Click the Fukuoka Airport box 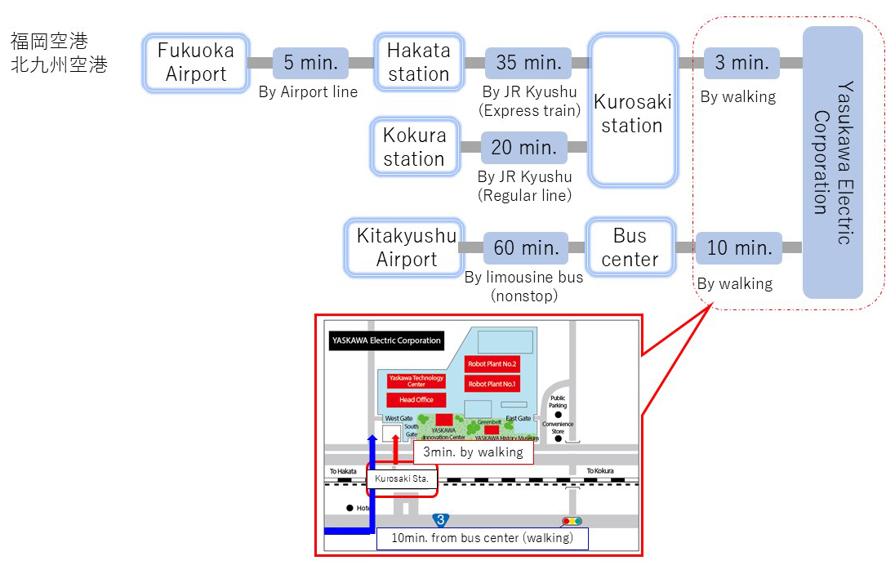196,62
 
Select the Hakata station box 418,62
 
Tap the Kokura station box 413,147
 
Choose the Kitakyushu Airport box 406,247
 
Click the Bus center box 630,247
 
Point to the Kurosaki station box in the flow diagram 633,113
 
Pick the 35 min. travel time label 528,63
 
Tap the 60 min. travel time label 526,247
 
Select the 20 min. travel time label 523,148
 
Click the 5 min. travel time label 310,63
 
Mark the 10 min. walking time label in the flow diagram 738,247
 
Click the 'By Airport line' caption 308,91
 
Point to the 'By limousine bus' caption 523,278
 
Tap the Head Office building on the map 416,400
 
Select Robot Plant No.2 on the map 491,364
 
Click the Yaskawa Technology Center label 416,380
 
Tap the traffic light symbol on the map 572,521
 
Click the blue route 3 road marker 441,520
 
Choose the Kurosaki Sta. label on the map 401,478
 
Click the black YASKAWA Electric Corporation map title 386,341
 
